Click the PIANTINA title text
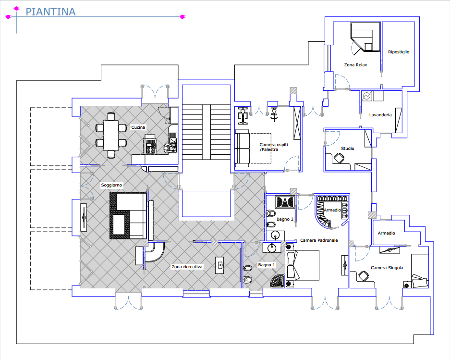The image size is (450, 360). pyautogui.click(x=50, y=12)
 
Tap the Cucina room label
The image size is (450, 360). pyautogui.click(x=138, y=127)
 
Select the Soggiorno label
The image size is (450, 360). pyautogui.click(x=111, y=186)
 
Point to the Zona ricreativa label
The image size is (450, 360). pyautogui.click(x=187, y=267)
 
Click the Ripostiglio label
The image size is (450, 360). pyautogui.click(x=399, y=52)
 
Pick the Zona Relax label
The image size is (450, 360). pyautogui.click(x=355, y=65)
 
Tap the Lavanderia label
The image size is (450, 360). pyautogui.click(x=380, y=115)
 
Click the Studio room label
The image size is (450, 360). pyautogui.click(x=348, y=149)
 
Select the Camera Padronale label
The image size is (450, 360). pyautogui.click(x=319, y=240)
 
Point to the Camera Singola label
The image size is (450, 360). pyautogui.click(x=387, y=268)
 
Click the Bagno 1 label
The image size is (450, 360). pyautogui.click(x=267, y=265)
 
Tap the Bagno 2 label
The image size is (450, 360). pyautogui.click(x=285, y=219)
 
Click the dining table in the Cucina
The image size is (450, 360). pyautogui.click(x=111, y=135)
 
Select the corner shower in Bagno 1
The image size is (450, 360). pyautogui.click(x=277, y=281)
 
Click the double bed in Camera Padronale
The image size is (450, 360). pyautogui.click(x=303, y=265)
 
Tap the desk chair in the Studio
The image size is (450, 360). pyautogui.click(x=339, y=158)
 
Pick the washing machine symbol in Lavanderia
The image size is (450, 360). pyautogui.click(x=367, y=96)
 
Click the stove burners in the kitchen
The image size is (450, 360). pyautogui.click(x=151, y=146)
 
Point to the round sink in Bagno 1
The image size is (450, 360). pyautogui.click(x=272, y=248)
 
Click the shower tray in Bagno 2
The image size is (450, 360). pyautogui.click(x=285, y=202)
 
